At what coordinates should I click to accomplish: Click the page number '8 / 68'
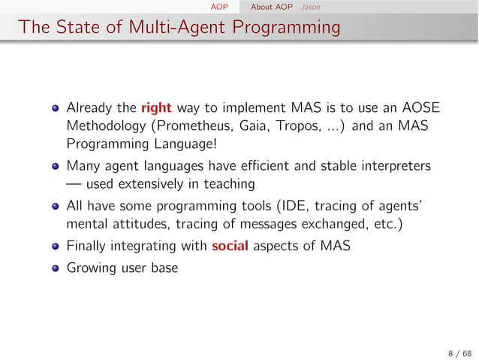click(458, 352)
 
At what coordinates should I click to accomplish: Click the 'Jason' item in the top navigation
click(309, 8)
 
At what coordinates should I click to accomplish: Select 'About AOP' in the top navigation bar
click(272, 8)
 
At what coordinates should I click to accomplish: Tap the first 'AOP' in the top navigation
click(219, 8)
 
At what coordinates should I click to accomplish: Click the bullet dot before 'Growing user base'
click(56, 267)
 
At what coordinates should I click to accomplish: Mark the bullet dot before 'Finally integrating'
click(56, 247)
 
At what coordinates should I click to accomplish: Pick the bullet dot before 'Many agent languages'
click(56, 165)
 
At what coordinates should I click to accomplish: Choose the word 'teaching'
click(228, 184)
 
